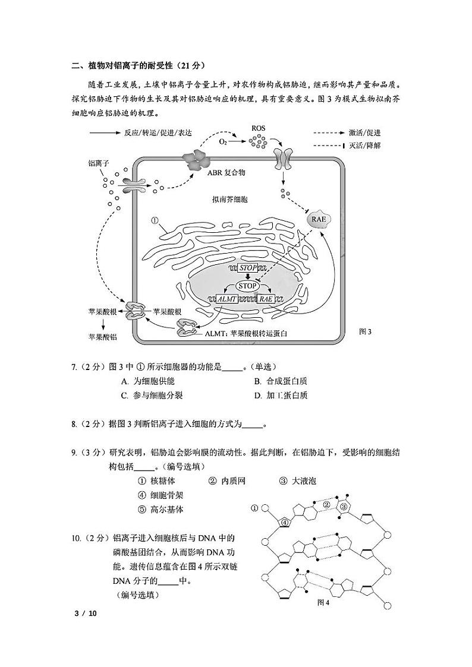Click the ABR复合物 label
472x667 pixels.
click(x=226, y=173)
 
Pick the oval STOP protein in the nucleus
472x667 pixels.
click(x=248, y=286)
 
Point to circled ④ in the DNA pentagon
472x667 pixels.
click(x=285, y=522)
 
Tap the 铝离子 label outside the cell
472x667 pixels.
click(x=99, y=163)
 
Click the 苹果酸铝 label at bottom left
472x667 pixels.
click(x=102, y=337)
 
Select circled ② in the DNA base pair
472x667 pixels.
click(x=326, y=505)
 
